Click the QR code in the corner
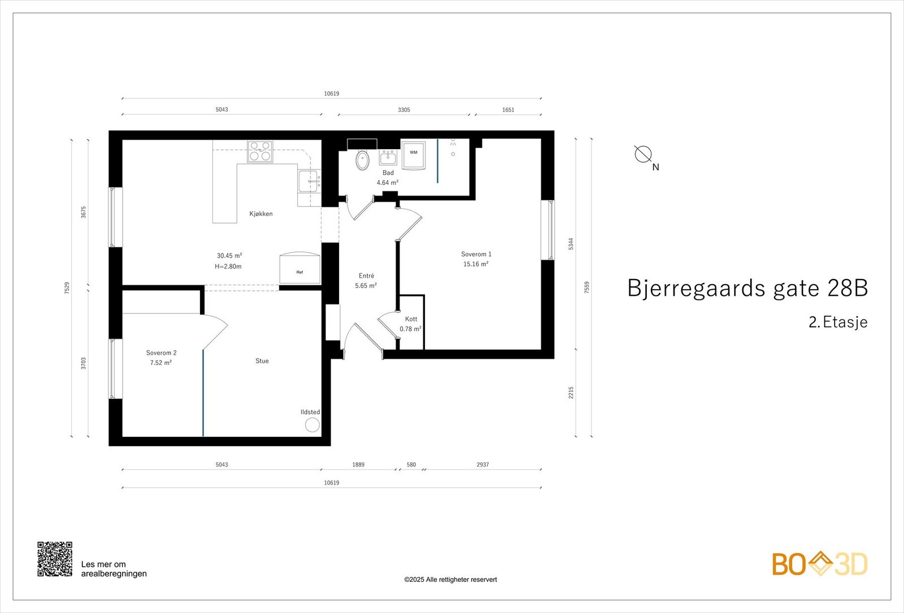tap(55, 559)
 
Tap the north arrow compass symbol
tap(643, 154)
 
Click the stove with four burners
tap(260, 151)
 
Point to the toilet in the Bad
tap(362, 160)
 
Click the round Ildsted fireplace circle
tap(312, 425)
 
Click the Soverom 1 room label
tap(476, 254)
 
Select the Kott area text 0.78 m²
tap(410, 329)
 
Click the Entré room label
tap(366, 276)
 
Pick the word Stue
tap(262, 361)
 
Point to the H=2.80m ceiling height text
tap(228, 267)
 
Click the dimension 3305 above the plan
tap(403, 110)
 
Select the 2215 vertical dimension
tap(571, 393)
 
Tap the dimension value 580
tap(411, 465)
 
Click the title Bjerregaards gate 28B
tap(747, 288)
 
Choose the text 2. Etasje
tap(837, 323)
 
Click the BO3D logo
tap(819, 564)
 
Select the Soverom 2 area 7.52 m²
tap(161, 363)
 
